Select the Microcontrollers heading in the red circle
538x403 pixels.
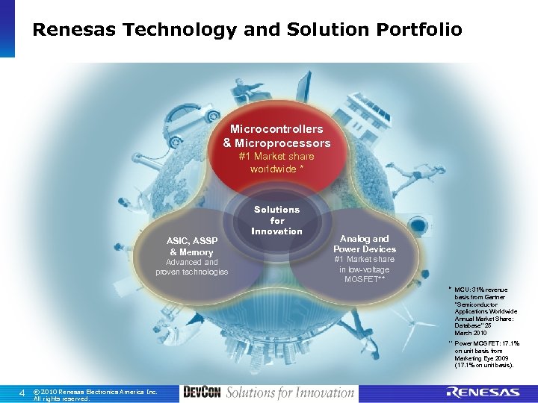tap(276, 129)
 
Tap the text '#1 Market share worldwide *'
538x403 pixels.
tap(276, 163)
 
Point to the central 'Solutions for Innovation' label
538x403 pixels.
tap(276, 220)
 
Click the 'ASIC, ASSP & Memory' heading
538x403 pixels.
tap(191, 246)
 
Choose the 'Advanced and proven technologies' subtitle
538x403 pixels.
tap(191, 266)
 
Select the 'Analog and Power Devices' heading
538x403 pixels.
tap(364, 244)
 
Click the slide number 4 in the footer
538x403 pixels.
tap(22, 393)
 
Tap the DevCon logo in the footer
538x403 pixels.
tap(201, 393)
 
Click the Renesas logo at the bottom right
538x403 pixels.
tap(483, 393)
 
